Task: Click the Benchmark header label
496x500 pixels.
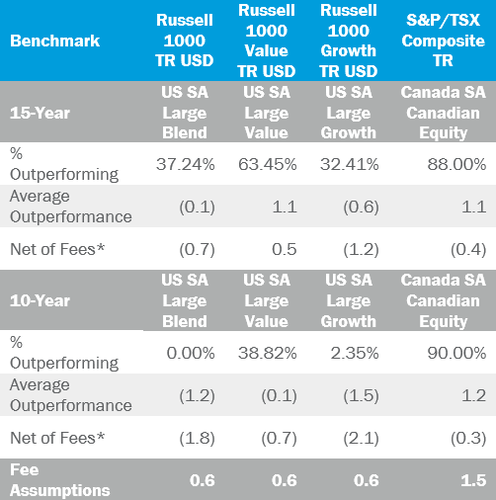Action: click(54, 41)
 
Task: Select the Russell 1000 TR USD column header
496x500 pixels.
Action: click(185, 41)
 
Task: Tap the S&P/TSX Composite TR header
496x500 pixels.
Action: click(443, 41)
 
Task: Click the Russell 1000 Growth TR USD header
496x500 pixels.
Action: click(349, 41)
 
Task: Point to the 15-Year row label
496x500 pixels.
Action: click(40, 113)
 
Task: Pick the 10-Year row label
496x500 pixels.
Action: click(40, 300)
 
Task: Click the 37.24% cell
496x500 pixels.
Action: click(186, 164)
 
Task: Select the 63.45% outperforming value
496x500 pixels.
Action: click(268, 164)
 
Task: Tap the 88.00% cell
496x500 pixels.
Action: click(456, 164)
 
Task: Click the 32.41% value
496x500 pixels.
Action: click(350, 164)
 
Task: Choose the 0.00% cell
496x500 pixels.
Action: click(191, 353)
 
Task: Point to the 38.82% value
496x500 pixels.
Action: click(268, 353)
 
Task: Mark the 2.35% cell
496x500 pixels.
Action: click(355, 353)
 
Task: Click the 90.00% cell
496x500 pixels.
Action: click(456, 353)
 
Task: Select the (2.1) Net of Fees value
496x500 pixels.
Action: click(361, 439)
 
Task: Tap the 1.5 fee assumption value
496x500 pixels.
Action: click(473, 480)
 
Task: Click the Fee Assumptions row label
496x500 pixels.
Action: click(59, 480)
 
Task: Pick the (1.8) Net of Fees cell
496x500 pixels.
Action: click(197, 439)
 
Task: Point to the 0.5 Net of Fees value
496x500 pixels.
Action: click(285, 249)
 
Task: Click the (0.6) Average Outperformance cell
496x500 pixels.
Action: click(361, 208)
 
